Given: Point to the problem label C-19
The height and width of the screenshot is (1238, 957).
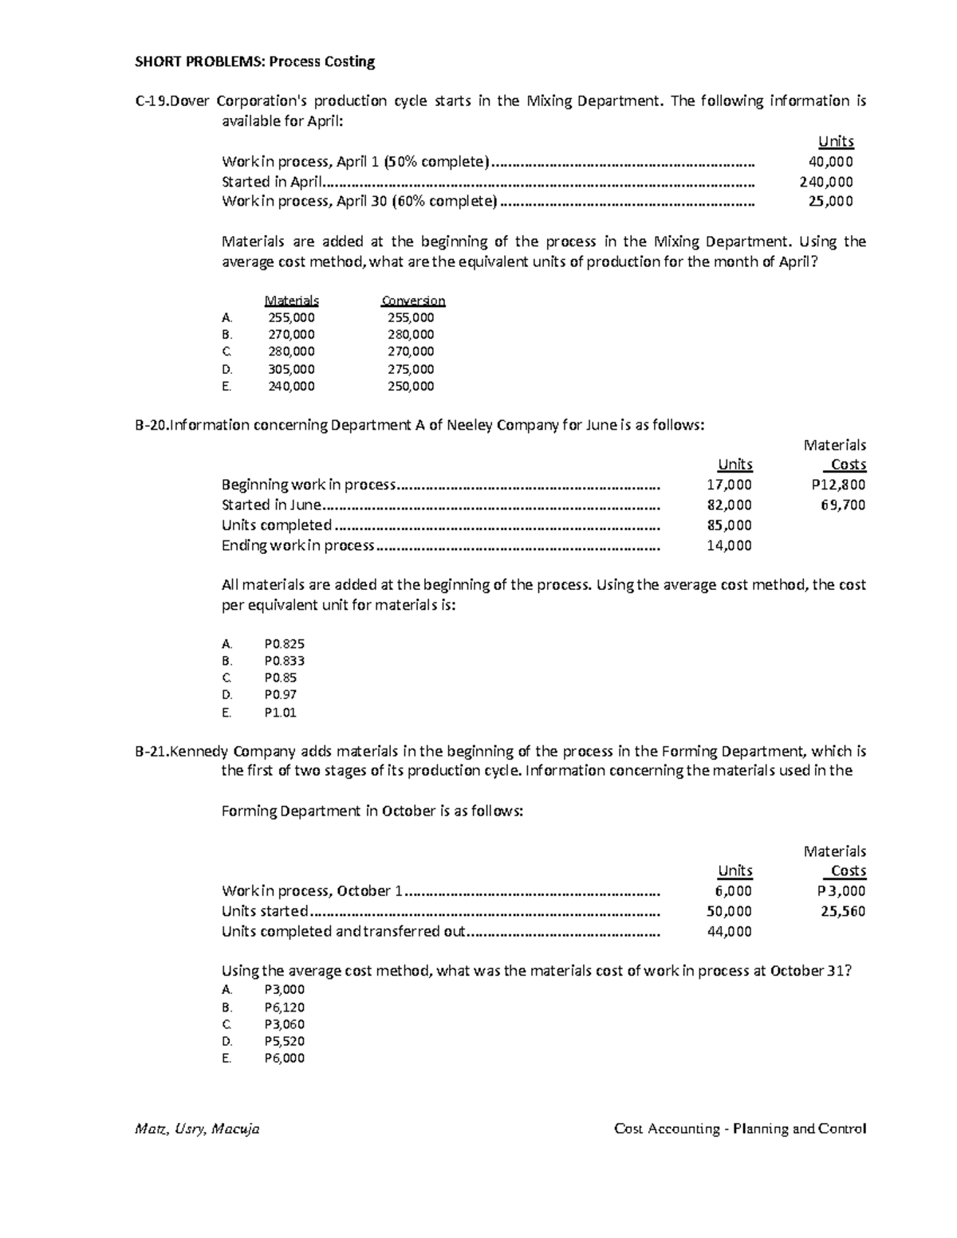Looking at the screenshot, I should coord(152,101).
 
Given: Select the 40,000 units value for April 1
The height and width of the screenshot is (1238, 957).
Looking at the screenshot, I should coord(830,162).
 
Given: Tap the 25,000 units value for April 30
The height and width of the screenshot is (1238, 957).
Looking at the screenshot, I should coord(830,201).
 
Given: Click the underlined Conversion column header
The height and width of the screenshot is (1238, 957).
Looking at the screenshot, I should coord(413,301).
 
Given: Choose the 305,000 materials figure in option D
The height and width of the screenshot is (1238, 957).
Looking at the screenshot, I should coord(291,369).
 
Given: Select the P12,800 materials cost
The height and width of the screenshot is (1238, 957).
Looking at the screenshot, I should coord(837,485).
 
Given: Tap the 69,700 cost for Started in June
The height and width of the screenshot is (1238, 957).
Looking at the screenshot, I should coord(843,505).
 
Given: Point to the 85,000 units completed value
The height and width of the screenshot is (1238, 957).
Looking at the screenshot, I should coord(729,525).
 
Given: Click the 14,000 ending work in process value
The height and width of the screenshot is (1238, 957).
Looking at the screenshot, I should coord(729,545).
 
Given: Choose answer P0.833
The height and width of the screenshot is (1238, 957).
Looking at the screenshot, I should coord(284,661).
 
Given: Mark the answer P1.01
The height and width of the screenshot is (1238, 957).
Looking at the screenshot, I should coord(280,713).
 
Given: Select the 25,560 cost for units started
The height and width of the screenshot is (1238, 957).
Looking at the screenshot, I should coord(843,911).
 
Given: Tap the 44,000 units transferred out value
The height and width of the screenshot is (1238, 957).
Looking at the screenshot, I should coord(729,932).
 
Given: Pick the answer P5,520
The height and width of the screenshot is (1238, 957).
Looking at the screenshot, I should coord(284,1041).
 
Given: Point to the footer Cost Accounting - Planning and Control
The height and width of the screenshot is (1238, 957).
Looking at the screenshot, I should coord(740,1129).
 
